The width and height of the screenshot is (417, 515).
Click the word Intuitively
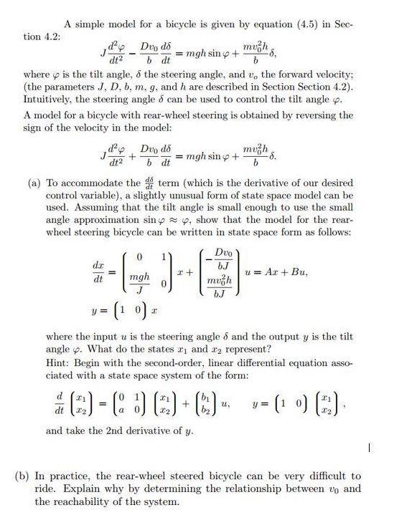(x=48, y=100)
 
